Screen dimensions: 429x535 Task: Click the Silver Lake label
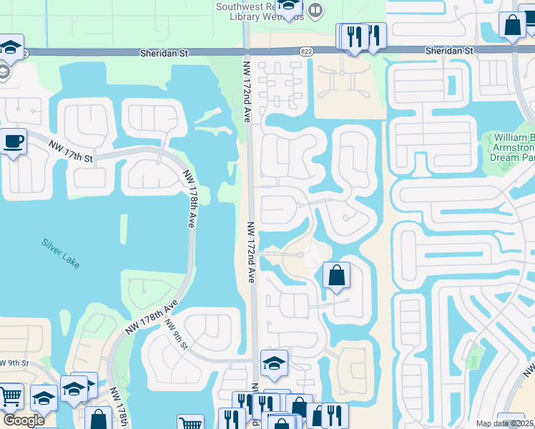(x=61, y=252)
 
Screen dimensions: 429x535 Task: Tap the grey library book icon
(x=315, y=11)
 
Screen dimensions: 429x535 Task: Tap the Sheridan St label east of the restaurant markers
(x=449, y=51)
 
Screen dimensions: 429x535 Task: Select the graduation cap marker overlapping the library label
(x=289, y=8)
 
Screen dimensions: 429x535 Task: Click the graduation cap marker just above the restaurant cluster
(x=273, y=363)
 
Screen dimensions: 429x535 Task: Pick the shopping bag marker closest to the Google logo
(x=98, y=418)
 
